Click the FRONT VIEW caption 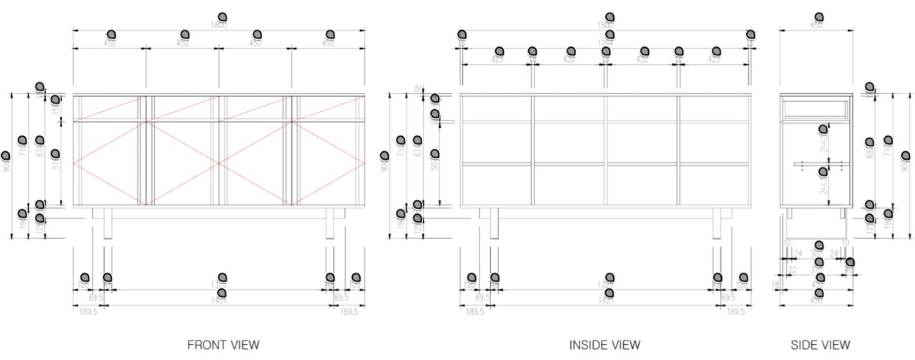click(x=223, y=345)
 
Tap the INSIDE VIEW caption click(x=605, y=345)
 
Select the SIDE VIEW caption click(x=820, y=345)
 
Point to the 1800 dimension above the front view click(x=218, y=25)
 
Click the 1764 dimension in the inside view click(x=606, y=43)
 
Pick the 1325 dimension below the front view click(x=219, y=285)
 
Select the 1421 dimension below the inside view click(x=606, y=300)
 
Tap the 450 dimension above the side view click(x=816, y=25)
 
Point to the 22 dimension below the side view click(x=792, y=270)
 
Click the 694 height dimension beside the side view click(x=870, y=151)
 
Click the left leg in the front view click(x=108, y=224)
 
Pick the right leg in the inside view click(x=717, y=224)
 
